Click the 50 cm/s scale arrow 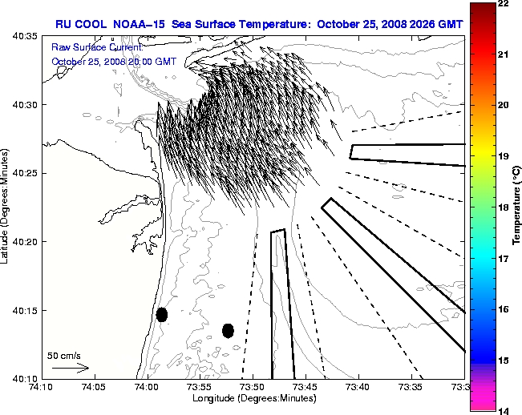(70, 368)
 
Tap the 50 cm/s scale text (64, 355)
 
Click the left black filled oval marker (162, 314)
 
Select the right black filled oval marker (228, 330)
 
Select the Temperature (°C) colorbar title (516, 207)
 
